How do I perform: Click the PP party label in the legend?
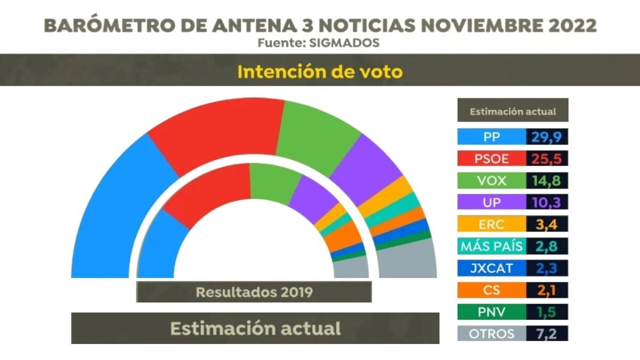(491, 137)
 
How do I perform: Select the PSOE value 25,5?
(547, 158)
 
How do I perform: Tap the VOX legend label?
(491, 180)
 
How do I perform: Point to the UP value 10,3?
(547, 202)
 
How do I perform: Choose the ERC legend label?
(491, 224)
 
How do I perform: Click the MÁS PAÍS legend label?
(491, 246)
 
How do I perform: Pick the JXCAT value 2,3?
(547, 268)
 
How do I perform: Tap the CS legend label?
(491, 290)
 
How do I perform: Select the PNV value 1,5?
(547, 311)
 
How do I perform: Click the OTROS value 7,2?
(547, 334)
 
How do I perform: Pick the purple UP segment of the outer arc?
(368, 163)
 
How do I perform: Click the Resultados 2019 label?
(254, 292)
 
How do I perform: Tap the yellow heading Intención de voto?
(319, 71)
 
